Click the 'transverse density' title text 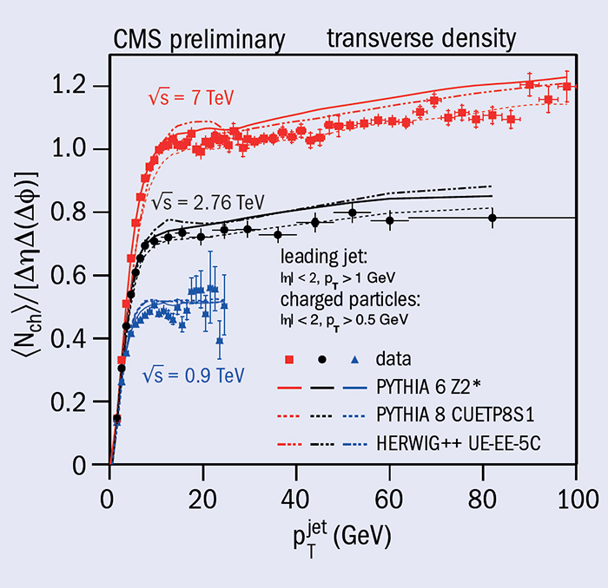click(x=421, y=38)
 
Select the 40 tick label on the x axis click(x=296, y=500)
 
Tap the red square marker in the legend click(x=288, y=357)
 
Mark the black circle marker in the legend click(x=321, y=357)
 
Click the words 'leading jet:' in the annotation click(x=321, y=258)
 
